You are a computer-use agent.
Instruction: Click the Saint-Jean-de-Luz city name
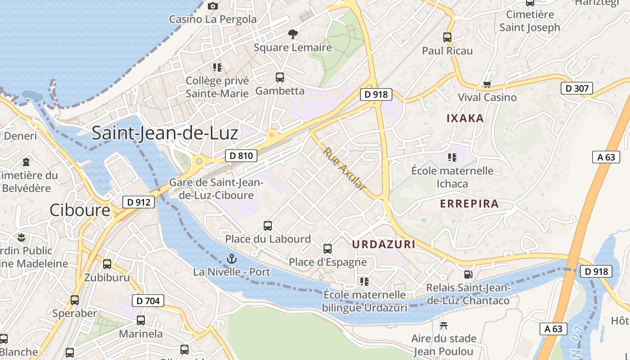click(x=165, y=133)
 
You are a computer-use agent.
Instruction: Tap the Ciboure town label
click(x=80, y=210)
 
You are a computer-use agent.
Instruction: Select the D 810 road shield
click(x=241, y=156)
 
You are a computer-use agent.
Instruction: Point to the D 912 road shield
click(x=139, y=202)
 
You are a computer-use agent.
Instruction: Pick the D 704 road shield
click(x=148, y=301)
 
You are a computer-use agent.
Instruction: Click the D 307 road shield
click(x=576, y=88)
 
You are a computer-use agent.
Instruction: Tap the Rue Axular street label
click(x=344, y=169)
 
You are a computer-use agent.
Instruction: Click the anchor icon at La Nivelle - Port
click(x=232, y=259)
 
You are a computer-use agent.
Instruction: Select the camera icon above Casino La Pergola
click(x=213, y=6)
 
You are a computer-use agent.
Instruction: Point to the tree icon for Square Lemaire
click(x=293, y=34)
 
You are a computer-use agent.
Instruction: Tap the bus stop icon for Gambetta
click(x=280, y=77)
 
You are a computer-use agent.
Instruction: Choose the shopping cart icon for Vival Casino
click(x=487, y=84)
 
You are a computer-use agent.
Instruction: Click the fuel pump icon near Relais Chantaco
click(x=468, y=274)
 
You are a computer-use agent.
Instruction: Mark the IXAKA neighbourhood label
click(x=465, y=118)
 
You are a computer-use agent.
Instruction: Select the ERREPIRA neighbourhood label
click(x=469, y=203)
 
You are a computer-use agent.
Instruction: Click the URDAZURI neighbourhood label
click(x=383, y=244)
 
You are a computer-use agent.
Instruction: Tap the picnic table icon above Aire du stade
click(x=444, y=325)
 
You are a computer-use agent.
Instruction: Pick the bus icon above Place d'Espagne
click(x=328, y=248)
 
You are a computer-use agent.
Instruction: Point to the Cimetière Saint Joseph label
click(x=530, y=21)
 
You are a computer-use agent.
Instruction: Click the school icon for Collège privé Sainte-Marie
click(x=217, y=67)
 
